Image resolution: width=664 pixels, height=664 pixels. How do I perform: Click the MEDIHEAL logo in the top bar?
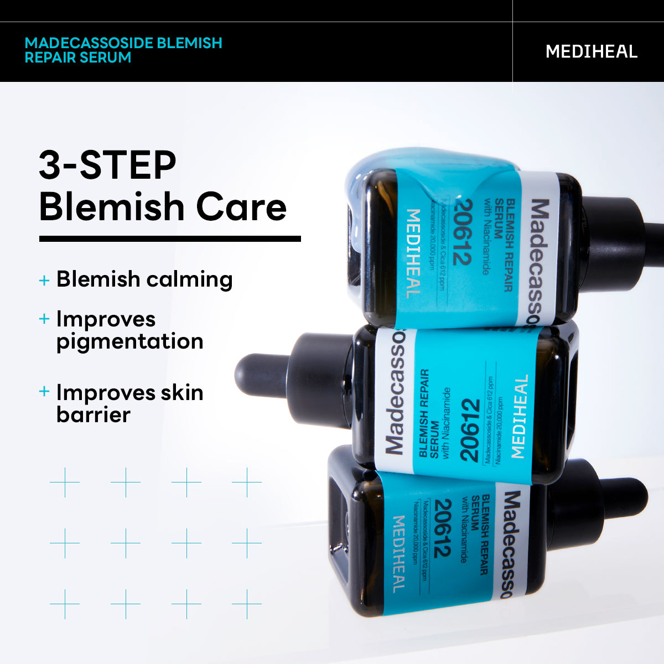click(x=591, y=51)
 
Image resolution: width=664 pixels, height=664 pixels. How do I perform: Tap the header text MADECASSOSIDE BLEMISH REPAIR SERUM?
click(x=123, y=50)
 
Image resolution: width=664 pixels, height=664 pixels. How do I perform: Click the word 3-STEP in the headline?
click(x=107, y=165)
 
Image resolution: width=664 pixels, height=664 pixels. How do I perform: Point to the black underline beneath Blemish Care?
click(x=170, y=239)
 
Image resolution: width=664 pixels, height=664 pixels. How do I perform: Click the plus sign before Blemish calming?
click(x=44, y=280)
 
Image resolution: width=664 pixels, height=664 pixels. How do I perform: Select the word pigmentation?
click(x=130, y=341)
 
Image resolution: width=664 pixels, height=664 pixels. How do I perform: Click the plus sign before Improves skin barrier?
click(x=44, y=392)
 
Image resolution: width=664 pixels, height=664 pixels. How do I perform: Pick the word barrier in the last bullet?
click(x=93, y=414)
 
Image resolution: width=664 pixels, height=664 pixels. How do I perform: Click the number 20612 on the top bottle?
click(x=462, y=232)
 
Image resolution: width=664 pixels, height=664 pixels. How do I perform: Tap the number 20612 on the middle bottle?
click(x=469, y=430)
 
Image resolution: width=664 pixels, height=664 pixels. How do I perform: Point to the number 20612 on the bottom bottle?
click(x=443, y=528)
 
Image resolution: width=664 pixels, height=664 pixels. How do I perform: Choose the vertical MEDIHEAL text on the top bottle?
click(x=413, y=253)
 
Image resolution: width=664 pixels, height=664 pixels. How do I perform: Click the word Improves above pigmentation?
click(x=106, y=319)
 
